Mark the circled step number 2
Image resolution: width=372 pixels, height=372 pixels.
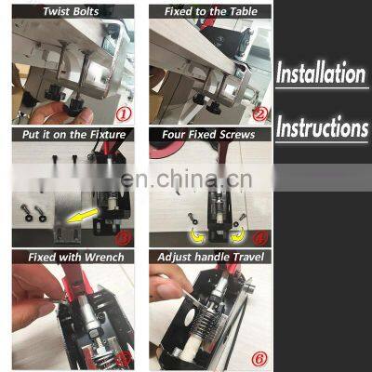(260, 114)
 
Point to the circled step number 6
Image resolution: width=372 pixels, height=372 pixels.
(260, 356)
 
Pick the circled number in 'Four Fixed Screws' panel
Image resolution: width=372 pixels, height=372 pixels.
(261, 235)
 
